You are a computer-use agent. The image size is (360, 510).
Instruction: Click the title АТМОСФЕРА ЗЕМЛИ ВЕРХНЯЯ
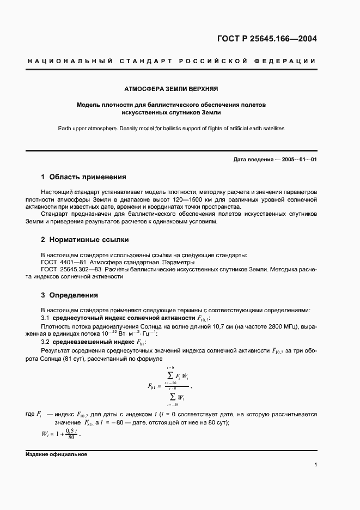[x=172, y=88]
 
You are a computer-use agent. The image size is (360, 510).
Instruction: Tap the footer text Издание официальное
[x=56, y=454]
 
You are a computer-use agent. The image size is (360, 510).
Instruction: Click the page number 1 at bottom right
[x=315, y=465]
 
